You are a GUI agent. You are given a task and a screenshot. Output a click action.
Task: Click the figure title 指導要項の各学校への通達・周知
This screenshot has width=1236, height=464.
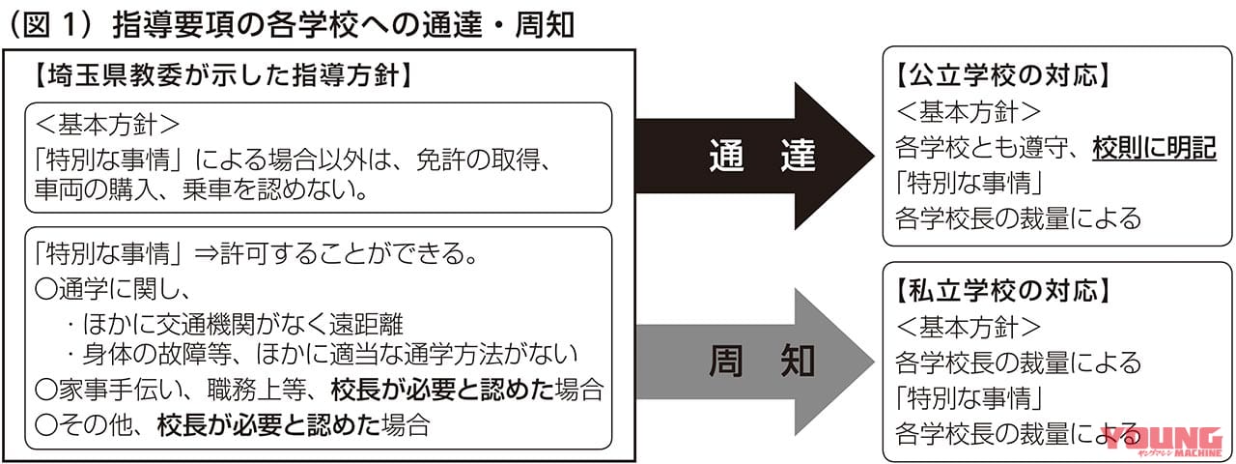(x=343, y=23)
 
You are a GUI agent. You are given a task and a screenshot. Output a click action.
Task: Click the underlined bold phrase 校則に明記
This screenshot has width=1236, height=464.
(x=1154, y=148)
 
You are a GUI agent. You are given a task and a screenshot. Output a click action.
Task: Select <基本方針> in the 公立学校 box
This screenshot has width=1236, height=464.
(x=969, y=110)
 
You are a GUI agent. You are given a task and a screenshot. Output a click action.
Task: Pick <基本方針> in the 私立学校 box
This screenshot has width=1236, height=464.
(x=969, y=326)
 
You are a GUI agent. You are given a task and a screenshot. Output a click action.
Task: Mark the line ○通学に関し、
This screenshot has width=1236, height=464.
(x=115, y=289)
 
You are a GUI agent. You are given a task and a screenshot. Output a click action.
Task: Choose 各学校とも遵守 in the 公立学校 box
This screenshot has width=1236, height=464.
(x=985, y=148)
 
